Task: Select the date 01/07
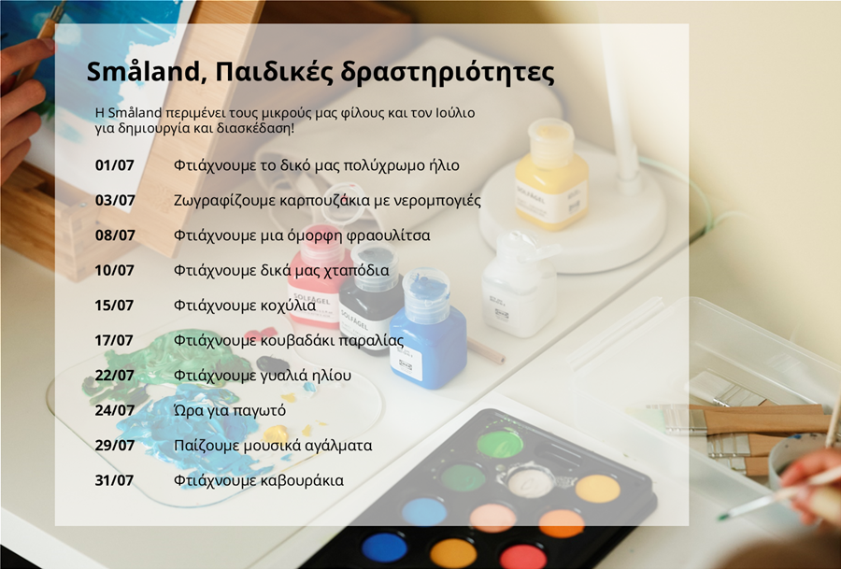114,165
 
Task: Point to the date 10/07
114,270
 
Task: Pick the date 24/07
114,410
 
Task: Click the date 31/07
114,480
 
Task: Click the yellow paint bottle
551,176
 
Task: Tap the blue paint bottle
428,330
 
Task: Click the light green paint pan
500,444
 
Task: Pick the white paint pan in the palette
531,482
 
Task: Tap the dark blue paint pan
384,547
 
